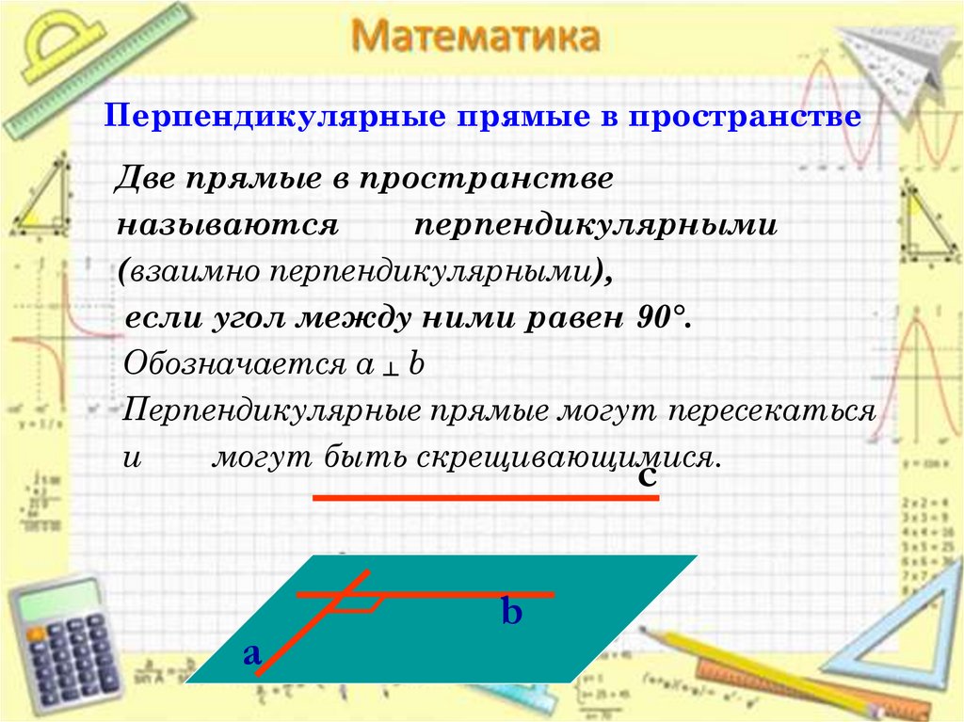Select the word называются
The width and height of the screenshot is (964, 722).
(227, 227)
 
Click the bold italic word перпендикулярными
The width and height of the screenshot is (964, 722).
(595, 227)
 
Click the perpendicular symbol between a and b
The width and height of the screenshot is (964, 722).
(388, 368)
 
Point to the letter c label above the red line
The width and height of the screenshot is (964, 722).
(647, 476)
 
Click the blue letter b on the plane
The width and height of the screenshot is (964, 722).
(511, 614)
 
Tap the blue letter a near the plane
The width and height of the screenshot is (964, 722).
(251, 652)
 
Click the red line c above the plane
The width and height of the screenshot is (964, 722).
(485, 497)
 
